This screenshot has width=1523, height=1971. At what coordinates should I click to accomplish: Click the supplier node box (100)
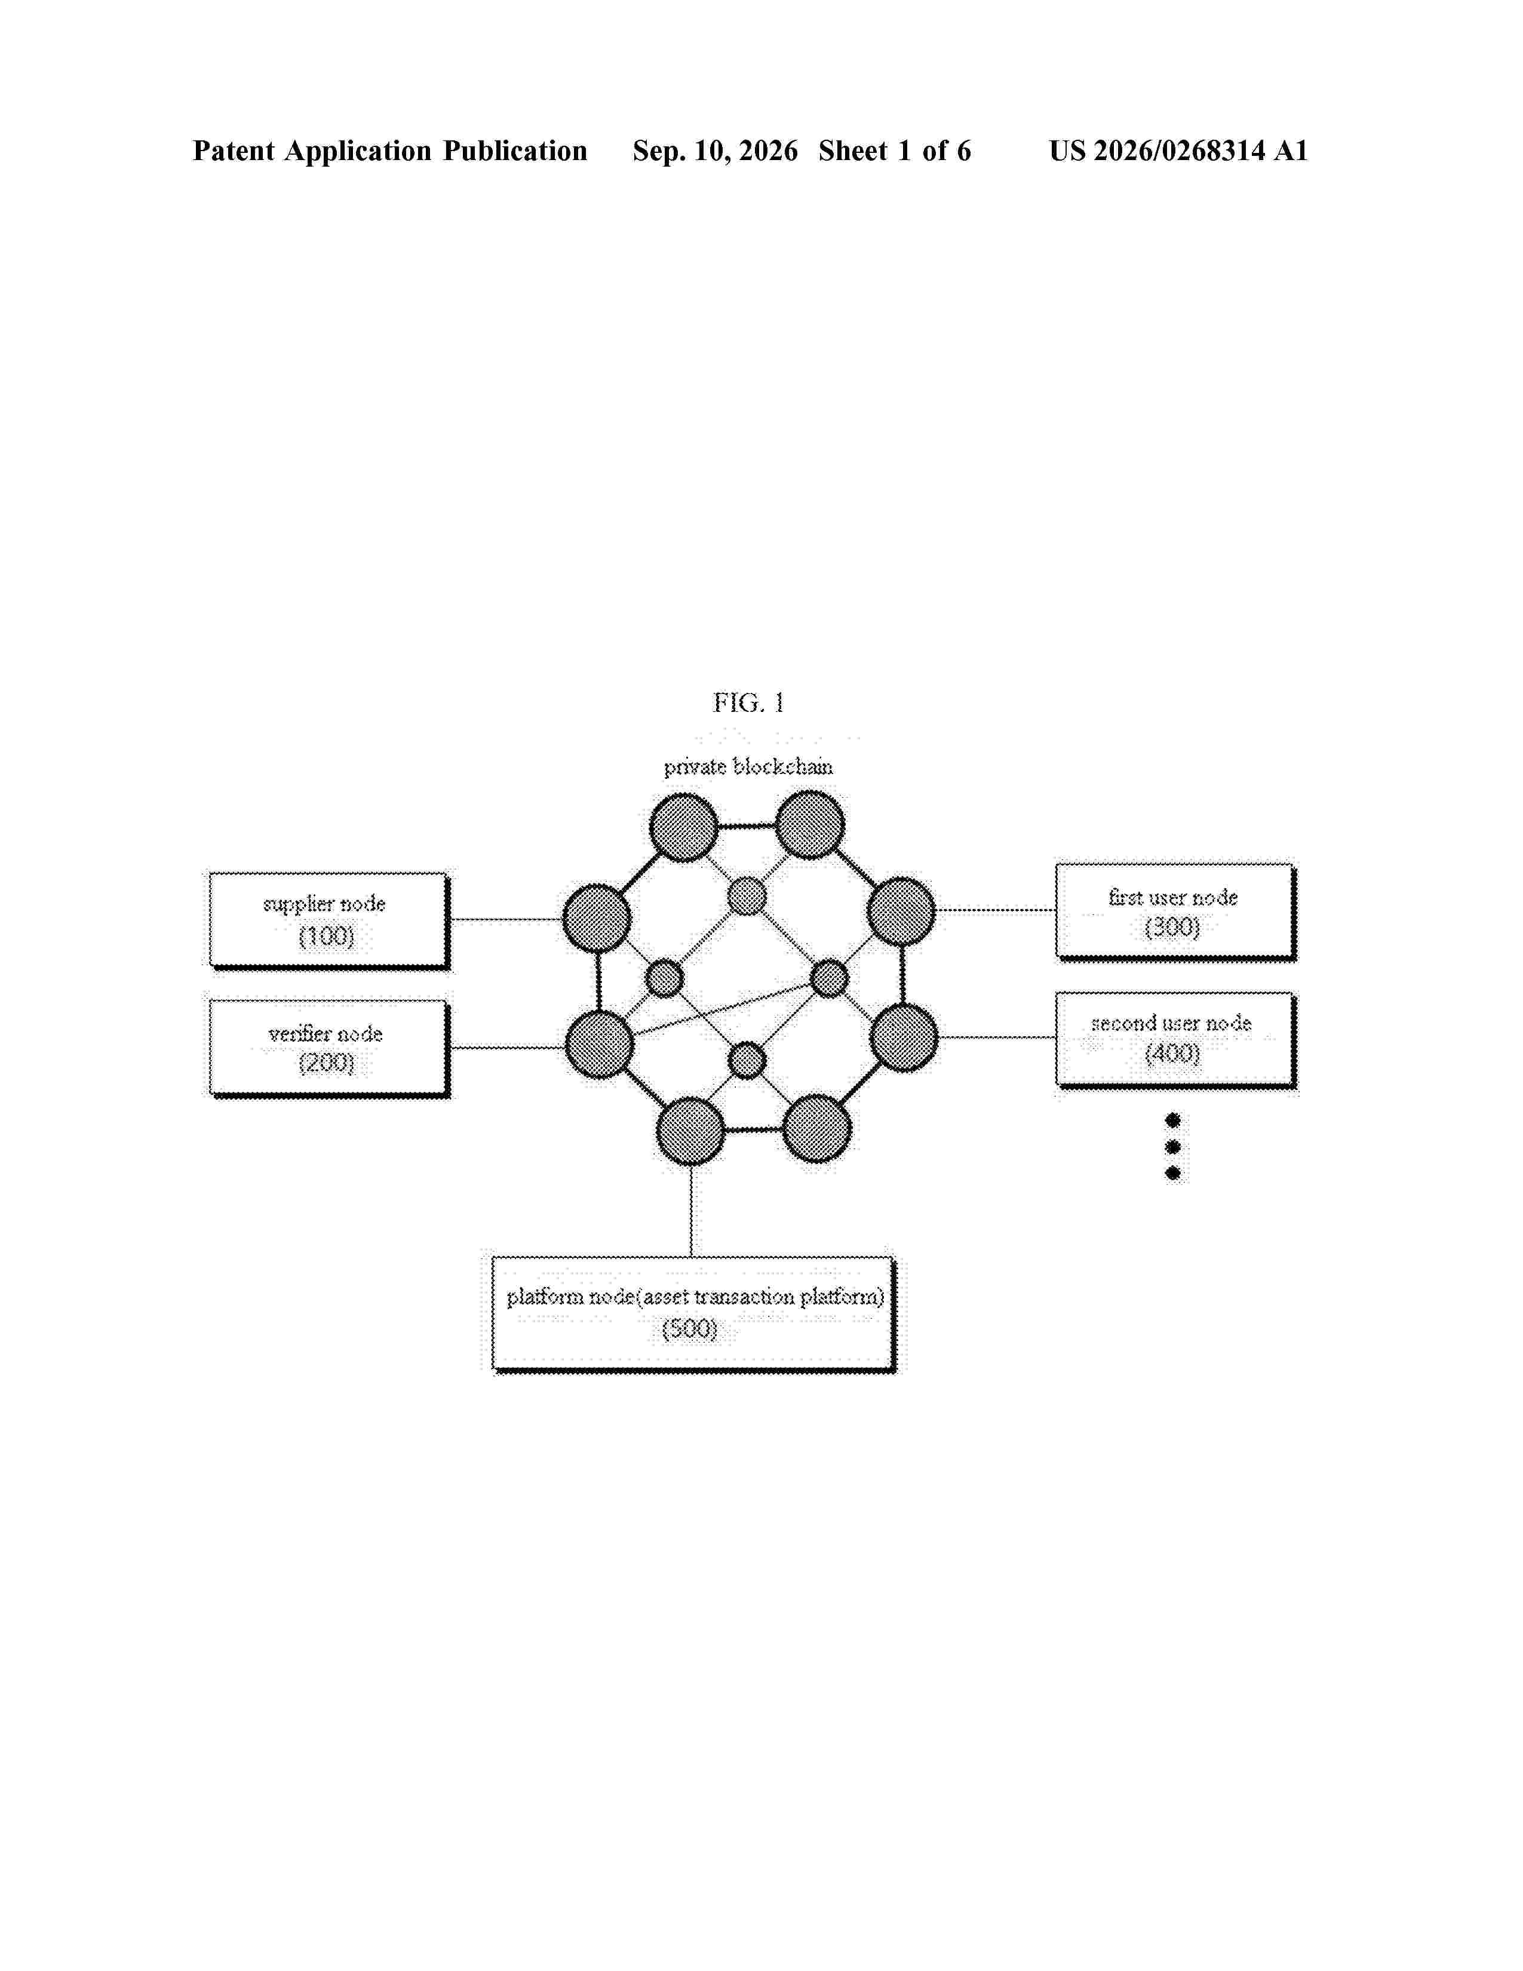pos(329,920)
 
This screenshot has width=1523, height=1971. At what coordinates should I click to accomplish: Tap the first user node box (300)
pos(1175,911)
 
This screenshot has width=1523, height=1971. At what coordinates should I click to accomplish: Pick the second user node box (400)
pos(1175,1040)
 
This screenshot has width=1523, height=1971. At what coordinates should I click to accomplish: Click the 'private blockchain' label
pos(748,767)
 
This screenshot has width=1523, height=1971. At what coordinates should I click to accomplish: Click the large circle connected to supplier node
pos(597,919)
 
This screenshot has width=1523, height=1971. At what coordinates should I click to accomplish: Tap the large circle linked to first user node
pos(901,911)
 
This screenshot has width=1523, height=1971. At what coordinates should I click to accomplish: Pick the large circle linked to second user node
pos(904,1038)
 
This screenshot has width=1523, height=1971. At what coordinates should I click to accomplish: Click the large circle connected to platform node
pos(691,1131)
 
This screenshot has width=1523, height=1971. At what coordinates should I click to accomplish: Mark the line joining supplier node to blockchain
pos(506,920)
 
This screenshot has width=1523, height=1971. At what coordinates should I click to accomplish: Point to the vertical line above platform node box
pos(691,1210)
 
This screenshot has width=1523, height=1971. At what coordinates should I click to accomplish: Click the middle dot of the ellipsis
pos(1173,1147)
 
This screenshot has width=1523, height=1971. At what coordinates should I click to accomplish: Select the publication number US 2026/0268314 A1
pos(1178,151)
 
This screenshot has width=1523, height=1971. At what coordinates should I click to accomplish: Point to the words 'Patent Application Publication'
pos(390,151)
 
